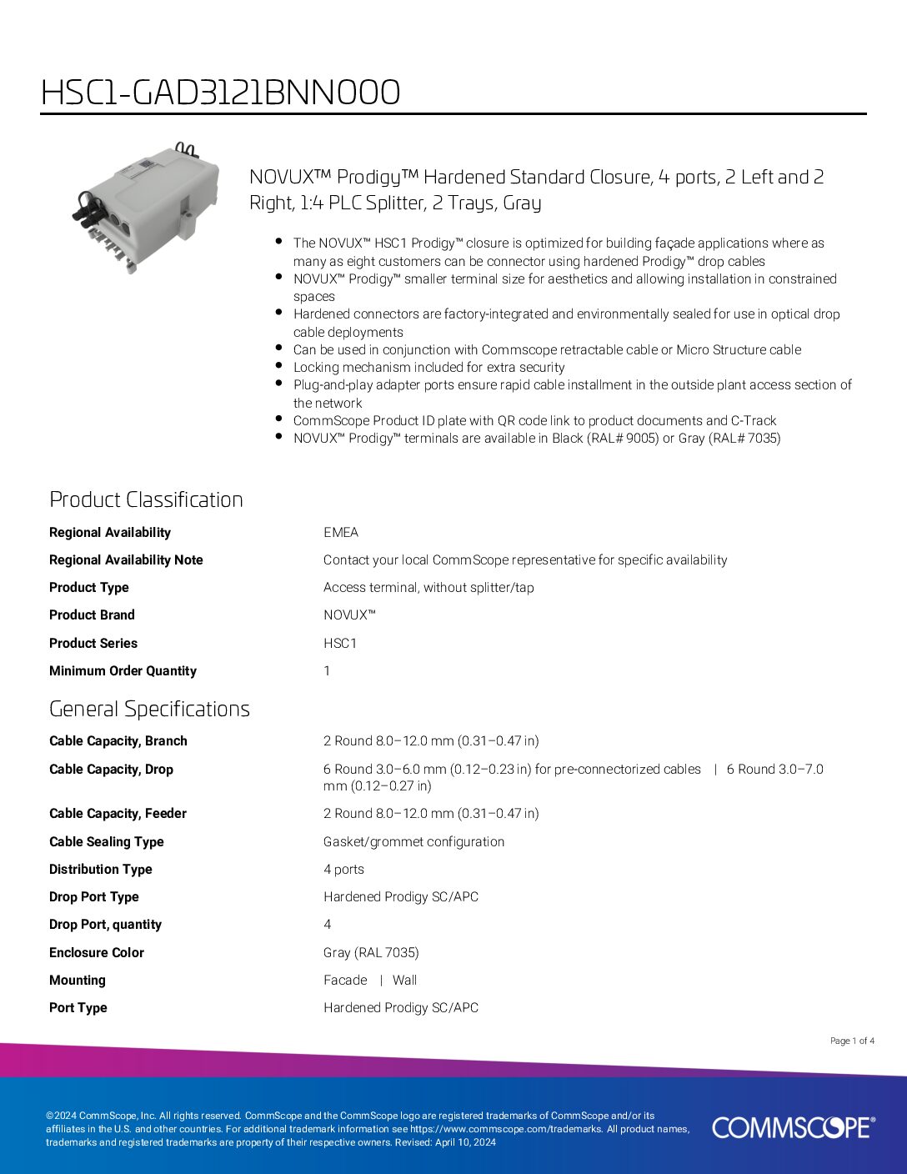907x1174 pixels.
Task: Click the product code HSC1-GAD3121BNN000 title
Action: [220, 93]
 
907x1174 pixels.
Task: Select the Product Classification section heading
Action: [146, 499]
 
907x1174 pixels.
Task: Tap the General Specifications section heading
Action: [149, 709]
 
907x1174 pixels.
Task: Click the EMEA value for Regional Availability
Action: [341, 532]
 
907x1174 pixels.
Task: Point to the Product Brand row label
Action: [92, 615]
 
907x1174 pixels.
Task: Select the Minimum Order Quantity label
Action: [123, 670]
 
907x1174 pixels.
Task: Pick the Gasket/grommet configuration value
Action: [413, 841]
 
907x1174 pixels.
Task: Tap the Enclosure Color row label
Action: [97, 952]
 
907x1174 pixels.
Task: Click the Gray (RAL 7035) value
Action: [371, 952]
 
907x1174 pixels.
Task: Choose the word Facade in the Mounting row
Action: [345, 980]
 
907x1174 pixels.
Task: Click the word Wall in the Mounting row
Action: [404, 980]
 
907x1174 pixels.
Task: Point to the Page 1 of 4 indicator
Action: [852, 1041]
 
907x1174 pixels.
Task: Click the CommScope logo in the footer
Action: [793, 1127]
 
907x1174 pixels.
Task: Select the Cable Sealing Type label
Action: [107, 841]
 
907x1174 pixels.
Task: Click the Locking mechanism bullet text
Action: [428, 367]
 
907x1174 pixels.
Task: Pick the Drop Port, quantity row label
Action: [105, 924]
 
